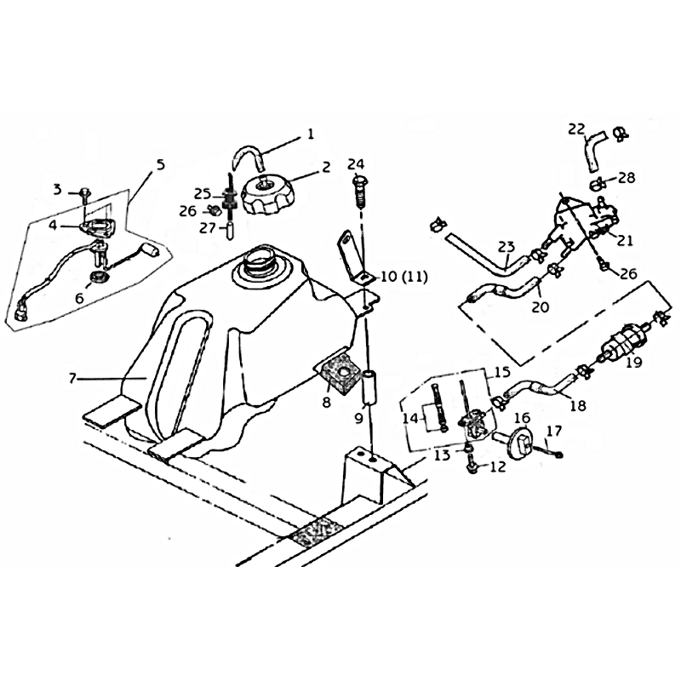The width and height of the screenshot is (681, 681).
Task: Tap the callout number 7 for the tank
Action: (x=72, y=378)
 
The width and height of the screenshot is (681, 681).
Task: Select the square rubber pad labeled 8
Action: (x=339, y=373)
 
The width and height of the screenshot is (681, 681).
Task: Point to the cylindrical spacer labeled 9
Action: (x=370, y=386)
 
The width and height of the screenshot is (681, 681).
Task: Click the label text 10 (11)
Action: (x=403, y=276)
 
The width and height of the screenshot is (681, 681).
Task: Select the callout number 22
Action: (x=577, y=129)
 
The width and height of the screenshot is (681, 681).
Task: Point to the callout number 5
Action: (x=161, y=165)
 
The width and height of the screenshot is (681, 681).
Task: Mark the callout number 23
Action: (x=506, y=247)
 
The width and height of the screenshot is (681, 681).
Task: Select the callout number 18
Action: (x=577, y=406)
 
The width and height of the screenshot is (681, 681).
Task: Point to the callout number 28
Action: (x=627, y=177)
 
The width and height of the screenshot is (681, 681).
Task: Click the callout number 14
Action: (x=410, y=418)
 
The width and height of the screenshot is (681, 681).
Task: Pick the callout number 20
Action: (x=541, y=306)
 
